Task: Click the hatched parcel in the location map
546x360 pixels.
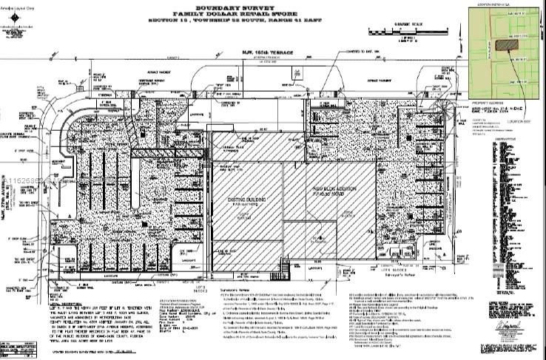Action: click(506, 44)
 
